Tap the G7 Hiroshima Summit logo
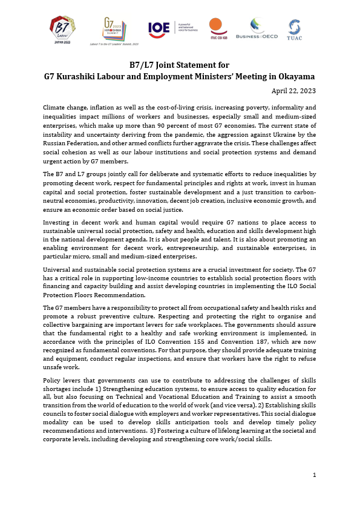(116, 28)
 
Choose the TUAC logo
(295, 28)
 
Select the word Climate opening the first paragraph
(54, 107)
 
